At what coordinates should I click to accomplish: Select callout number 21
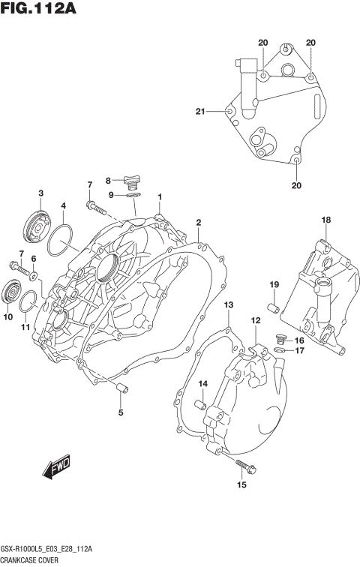pyautogui.click(x=200, y=112)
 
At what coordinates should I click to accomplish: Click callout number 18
pyautogui.click(x=325, y=220)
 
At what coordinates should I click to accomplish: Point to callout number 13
pyautogui.click(x=229, y=304)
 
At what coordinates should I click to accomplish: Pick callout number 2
pyautogui.click(x=199, y=223)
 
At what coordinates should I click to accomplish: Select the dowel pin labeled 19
pyautogui.click(x=274, y=307)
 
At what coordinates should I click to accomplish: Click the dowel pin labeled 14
pyautogui.click(x=200, y=405)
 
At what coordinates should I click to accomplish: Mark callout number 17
pyautogui.click(x=298, y=350)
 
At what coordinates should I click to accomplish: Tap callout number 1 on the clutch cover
pyautogui.click(x=160, y=197)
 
